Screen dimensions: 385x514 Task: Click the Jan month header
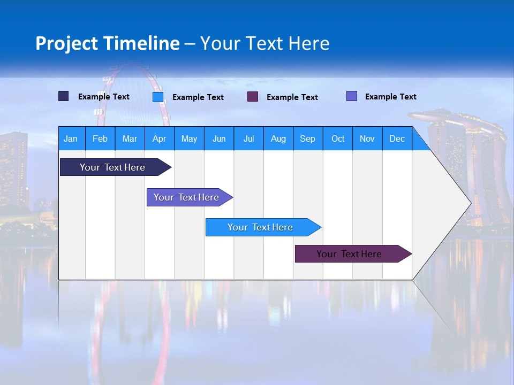pos(71,138)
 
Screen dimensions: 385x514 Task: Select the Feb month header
pos(100,138)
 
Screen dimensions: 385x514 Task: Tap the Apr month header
pos(159,138)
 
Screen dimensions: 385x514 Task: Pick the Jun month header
pos(219,138)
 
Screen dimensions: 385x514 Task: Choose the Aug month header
pos(278,138)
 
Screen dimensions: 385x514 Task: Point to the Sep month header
pos(307,138)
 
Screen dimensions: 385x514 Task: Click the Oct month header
pos(338,138)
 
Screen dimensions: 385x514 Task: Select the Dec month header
pos(397,138)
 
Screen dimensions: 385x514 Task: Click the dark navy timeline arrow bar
pos(112,167)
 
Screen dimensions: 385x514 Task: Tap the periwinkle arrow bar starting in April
pos(186,197)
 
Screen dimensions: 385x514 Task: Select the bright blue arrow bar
pos(260,227)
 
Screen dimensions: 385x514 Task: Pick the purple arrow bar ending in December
pos(349,254)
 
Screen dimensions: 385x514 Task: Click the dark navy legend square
pos(64,96)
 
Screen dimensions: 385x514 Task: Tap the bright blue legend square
pos(158,97)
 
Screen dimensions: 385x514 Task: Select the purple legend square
pos(253,97)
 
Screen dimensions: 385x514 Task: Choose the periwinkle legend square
pos(352,96)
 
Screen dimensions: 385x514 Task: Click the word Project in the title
pos(66,43)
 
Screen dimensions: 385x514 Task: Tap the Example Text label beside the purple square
pos(292,97)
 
